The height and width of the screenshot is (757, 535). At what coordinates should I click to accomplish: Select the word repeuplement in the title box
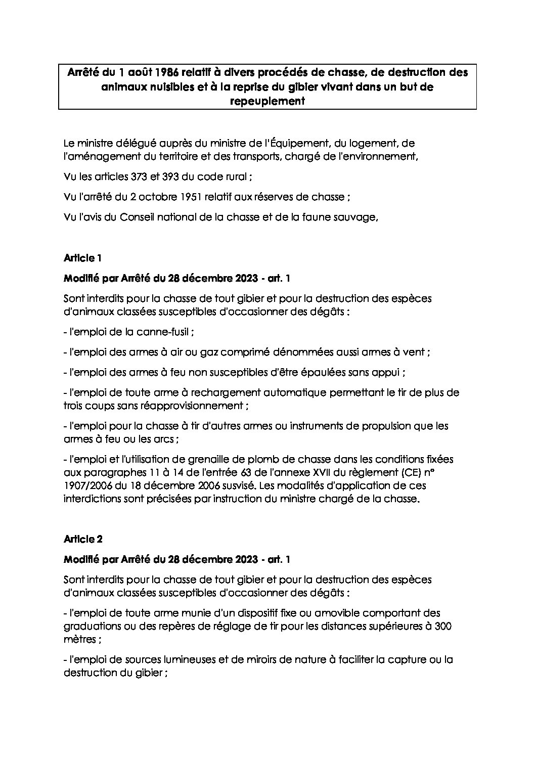pos(268,101)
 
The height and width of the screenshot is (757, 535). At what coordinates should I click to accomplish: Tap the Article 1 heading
pos(83,258)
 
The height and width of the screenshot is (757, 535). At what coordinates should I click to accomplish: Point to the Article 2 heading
pos(83,539)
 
